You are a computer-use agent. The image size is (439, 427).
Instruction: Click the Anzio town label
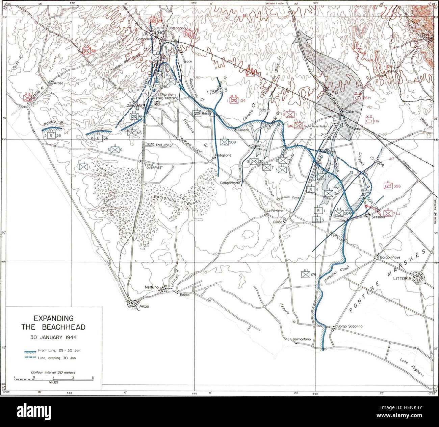point(144,306)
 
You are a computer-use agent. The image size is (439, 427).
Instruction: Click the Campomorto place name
point(230,183)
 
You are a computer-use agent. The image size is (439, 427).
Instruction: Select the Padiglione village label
point(223,155)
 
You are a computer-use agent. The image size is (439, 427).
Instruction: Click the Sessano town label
point(378,217)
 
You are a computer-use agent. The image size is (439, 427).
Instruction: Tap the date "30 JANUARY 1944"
point(53,337)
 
